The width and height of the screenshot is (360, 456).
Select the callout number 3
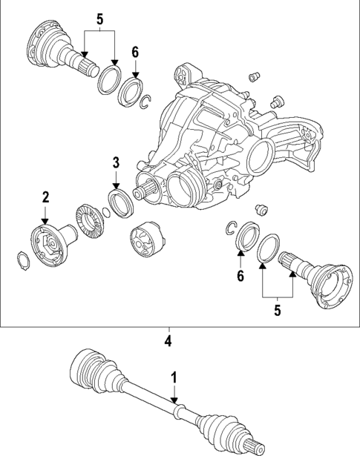pyautogui.click(x=116, y=163)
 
